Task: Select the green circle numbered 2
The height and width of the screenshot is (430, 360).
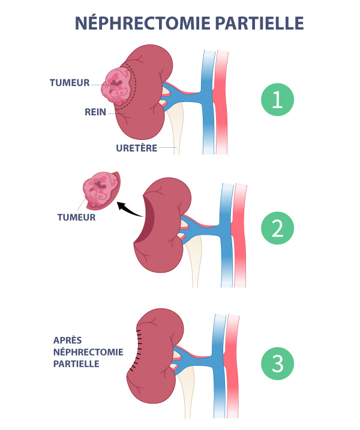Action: coord(277,229)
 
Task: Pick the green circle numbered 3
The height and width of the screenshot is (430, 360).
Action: coord(277,363)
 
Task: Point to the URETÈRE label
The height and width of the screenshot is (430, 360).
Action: coord(137,147)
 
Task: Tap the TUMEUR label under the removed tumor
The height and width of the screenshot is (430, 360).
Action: coord(76,217)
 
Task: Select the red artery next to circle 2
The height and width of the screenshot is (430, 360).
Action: coord(240,240)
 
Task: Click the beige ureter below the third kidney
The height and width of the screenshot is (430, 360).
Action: coord(190,396)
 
